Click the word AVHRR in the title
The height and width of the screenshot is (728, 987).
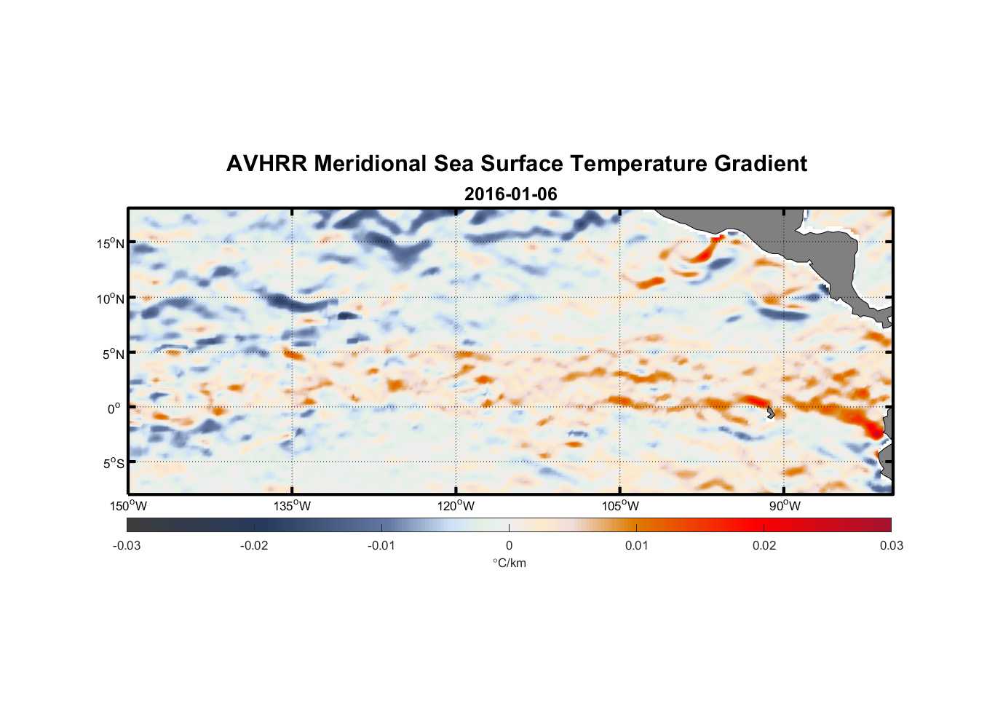pos(266,164)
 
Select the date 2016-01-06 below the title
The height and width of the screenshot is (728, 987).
pos(510,194)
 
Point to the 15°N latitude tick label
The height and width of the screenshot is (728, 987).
pos(110,243)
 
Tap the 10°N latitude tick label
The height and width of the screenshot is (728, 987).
pos(110,298)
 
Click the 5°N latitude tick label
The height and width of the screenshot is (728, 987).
pos(112,354)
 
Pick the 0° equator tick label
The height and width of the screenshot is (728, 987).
pos(114,408)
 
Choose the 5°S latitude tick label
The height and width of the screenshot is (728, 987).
pos(112,463)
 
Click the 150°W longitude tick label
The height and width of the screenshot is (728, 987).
pos(129,506)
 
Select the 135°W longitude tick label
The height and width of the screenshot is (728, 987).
pos(293,506)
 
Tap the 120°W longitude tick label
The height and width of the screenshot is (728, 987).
pos(456,506)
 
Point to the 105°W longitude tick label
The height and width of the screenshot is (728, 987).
pos(620,506)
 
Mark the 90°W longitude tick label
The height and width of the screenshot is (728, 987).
pos(785,506)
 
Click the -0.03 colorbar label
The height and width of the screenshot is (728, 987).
pos(127,545)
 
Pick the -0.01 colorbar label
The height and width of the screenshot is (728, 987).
pos(381,545)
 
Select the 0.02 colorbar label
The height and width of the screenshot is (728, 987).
pos(764,545)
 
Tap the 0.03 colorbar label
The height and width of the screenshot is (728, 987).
pos(891,545)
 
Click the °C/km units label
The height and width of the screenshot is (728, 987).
pos(509,563)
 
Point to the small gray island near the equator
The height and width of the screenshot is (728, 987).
pos(771,412)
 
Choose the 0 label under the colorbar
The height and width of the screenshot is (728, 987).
pos(509,545)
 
